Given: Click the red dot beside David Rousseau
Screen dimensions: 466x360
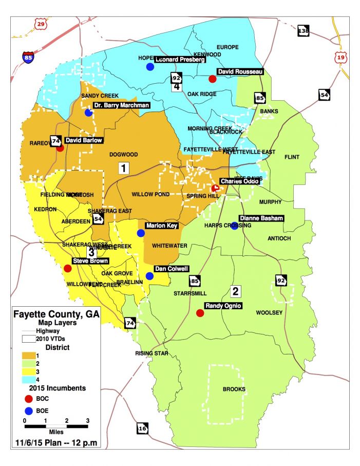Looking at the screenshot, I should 212,79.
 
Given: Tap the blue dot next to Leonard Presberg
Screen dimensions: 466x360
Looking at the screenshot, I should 150,67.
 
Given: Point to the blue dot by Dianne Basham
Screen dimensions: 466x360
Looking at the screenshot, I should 234,225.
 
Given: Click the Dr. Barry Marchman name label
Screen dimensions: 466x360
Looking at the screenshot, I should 122,105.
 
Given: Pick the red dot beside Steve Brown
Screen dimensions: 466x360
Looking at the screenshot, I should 67,268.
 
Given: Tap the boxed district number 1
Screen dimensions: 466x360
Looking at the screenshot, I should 123,168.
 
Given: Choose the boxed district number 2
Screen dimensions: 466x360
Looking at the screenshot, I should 236,291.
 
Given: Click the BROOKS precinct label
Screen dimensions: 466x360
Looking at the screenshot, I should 234,389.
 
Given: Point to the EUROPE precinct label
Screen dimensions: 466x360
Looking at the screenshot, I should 228,47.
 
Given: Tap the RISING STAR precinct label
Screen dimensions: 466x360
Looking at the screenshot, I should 151,353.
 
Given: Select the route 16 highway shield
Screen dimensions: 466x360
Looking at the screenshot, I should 142,427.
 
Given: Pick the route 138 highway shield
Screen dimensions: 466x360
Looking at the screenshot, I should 304,31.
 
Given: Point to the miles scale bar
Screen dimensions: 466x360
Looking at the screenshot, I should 56,426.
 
